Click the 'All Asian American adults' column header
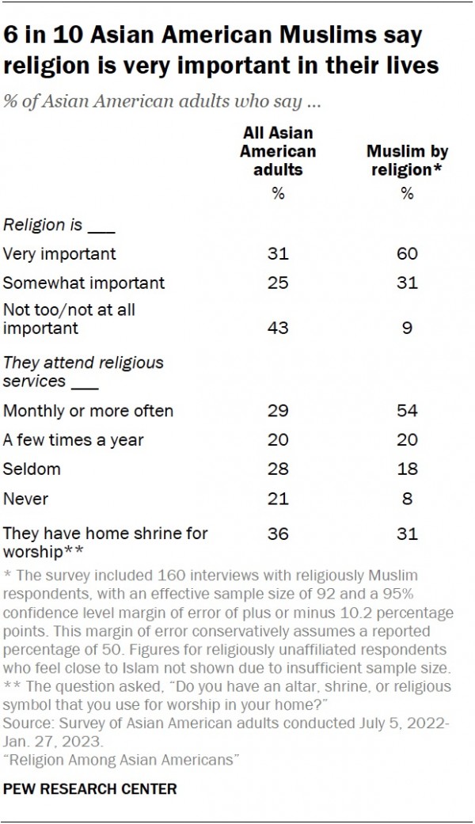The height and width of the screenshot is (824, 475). pos(278,150)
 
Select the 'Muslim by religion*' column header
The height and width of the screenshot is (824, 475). pos(407,160)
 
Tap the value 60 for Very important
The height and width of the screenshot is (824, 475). pos(407,254)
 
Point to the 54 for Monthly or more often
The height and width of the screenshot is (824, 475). pos(407,411)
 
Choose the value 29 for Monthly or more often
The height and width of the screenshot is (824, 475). pos(278,411)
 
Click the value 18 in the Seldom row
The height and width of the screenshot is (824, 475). pos(407,469)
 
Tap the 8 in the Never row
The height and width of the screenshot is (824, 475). pos(407,499)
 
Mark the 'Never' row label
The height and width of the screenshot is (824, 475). pos(26,499)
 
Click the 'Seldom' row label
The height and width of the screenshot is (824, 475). pos(32,469)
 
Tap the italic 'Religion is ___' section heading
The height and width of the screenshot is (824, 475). pos(60,225)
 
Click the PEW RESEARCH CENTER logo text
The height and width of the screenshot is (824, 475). pos(89,789)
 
